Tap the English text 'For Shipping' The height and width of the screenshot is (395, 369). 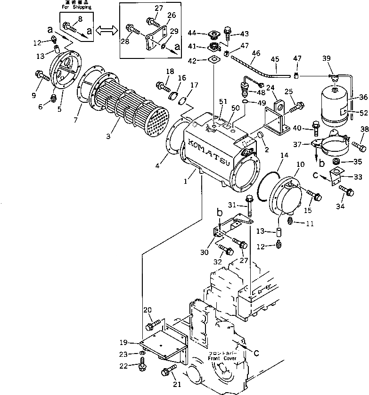click(77, 8)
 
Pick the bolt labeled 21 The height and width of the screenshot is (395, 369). click(168, 372)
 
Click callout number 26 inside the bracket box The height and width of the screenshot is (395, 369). click(172, 15)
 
